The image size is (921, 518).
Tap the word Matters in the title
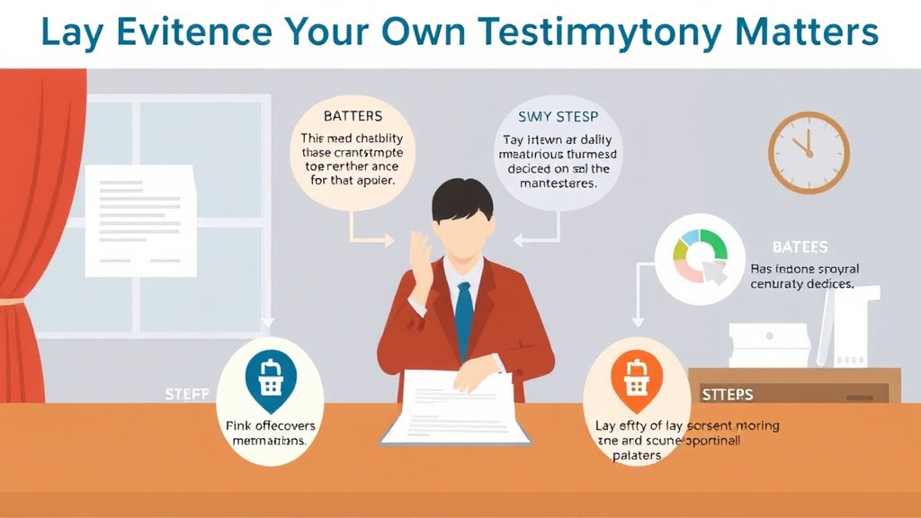[x=807, y=32]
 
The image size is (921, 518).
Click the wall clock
[x=809, y=153]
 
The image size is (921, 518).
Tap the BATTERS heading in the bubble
[x=353, y=116]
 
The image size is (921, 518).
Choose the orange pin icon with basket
[x=636, y=378]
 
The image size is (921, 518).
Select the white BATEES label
[x=800, y=247]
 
